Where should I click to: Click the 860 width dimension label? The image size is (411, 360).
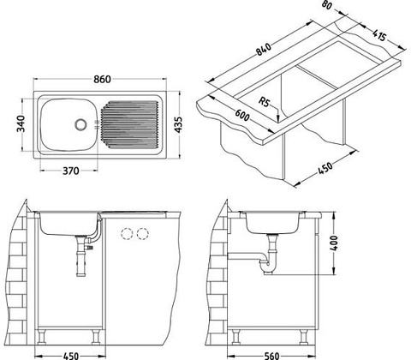point(102,79)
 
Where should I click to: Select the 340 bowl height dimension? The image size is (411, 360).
point(21,123)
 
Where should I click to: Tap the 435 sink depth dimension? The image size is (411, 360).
point(178,124)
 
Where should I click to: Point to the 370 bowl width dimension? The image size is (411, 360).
point(70,171)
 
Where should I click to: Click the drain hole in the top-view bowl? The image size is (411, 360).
point(80,124)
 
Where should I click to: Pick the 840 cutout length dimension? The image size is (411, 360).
point(263,49)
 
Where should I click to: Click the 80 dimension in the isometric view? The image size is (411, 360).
point(326,5)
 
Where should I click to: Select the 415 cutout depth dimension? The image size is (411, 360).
point(380,35)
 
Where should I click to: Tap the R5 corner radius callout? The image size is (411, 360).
point(264,101)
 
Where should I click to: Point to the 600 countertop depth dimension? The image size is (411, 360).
point(242,115)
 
